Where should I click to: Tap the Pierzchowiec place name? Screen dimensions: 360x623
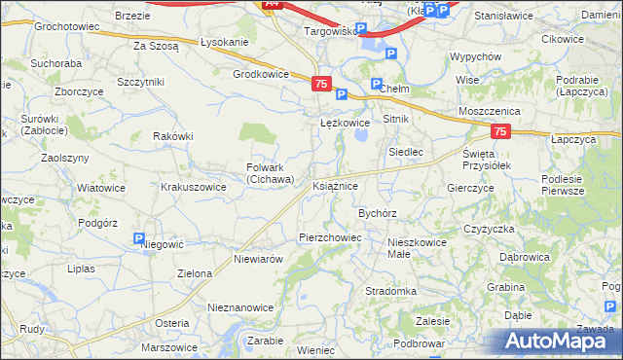tap(330, 236)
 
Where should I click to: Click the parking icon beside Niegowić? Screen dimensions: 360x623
tap(139, 238)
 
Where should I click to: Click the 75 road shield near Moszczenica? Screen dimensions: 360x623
tap(499, 131)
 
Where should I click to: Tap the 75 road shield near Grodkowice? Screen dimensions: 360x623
tap(321, 85)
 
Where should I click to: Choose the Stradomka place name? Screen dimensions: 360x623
tap(390, 291)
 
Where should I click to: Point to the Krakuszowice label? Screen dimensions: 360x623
tap(194, 185)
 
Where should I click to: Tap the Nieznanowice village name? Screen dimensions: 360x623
tap(240, 306)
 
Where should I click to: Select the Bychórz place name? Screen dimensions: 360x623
tap(378, 212)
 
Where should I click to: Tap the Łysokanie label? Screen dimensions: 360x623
tap(224, 43)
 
